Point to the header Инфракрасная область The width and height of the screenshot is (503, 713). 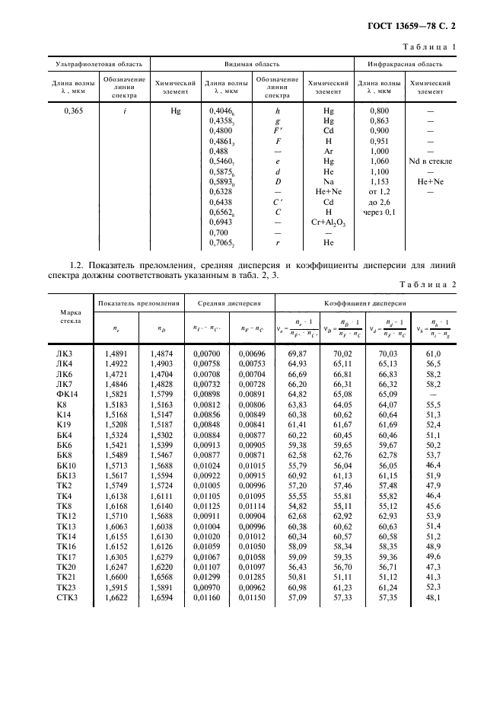point(405,65)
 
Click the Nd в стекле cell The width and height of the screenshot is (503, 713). point(430,161)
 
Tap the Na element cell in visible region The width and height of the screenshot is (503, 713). point(328,181)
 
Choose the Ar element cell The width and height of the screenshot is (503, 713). point(328,152)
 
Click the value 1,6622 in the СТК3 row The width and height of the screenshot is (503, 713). point(115,598)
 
